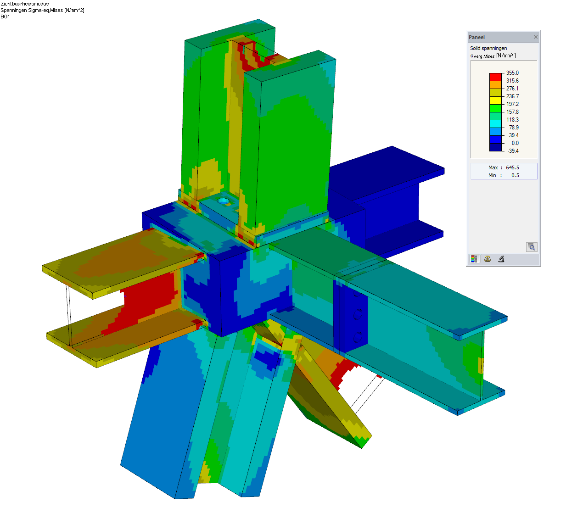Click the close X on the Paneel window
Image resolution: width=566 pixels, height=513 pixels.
(535, 37)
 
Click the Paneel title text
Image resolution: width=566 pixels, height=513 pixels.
(476, 37)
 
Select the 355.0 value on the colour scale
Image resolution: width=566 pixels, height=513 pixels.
(512, 73)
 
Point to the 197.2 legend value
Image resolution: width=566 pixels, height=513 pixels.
(512, 104)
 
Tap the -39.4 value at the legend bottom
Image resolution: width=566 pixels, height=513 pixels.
(513, 151)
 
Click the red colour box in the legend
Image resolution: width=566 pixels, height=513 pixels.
(495, 77)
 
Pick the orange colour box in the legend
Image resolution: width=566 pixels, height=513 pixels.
(495, 85)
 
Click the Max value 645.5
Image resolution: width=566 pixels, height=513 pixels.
(512, 167)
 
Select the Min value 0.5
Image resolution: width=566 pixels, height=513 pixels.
(515, 175)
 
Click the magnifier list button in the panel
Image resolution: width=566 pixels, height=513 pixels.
(531, 247)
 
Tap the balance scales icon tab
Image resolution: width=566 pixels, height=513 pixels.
(488, 259)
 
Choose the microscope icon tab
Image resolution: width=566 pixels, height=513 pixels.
(501, 259)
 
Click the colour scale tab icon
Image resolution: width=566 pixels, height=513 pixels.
(474, 259)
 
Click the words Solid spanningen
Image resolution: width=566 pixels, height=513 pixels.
(488, 48)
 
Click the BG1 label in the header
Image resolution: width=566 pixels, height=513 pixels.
(5, 17)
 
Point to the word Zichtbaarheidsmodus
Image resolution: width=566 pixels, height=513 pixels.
(25, 4)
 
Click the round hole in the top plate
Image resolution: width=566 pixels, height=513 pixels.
(224, 201)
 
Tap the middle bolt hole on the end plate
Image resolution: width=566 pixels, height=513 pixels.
(358, 314)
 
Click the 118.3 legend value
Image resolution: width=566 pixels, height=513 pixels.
(512, 120)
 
